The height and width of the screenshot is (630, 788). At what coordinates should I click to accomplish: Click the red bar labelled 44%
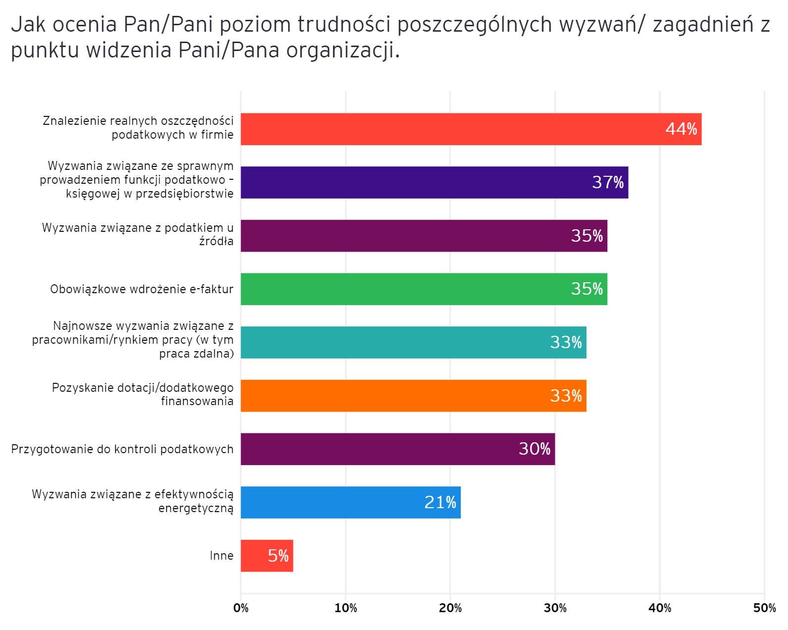[x=470, y=129]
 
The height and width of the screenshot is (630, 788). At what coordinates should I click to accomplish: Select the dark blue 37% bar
[x=434, y=183]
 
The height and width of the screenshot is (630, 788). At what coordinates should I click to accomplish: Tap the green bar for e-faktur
[x=424, y=289]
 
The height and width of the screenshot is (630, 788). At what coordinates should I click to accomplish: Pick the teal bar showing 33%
[x=413, y=343]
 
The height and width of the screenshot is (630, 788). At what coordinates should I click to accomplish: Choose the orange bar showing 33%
[x=413, y=396]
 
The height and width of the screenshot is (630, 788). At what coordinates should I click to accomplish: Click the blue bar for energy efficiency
[x=350, y=503]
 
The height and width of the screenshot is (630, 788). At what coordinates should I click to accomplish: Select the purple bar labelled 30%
[x=397, y=449]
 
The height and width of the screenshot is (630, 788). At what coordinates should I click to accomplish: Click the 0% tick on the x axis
[x=241, y=608]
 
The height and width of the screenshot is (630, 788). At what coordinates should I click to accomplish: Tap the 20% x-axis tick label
[x=450, y=608]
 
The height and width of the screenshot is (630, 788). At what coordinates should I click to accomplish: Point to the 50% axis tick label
[x=764, y=608]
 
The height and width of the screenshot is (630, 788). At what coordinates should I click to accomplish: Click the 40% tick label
[x=660, y=608]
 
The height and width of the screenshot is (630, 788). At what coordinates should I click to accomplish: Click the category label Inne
[x=221, y=556]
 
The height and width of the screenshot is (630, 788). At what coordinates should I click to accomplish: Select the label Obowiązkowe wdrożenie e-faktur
[x=142, y=289]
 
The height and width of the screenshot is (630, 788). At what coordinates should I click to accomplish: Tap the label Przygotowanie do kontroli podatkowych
[x=122, y=449]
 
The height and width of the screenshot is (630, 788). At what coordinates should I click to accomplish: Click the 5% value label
[x=278, y=556]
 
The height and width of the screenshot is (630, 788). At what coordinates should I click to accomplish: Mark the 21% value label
[x=440, y=502]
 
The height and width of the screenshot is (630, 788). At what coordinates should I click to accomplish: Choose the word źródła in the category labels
[x=216, y=242]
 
